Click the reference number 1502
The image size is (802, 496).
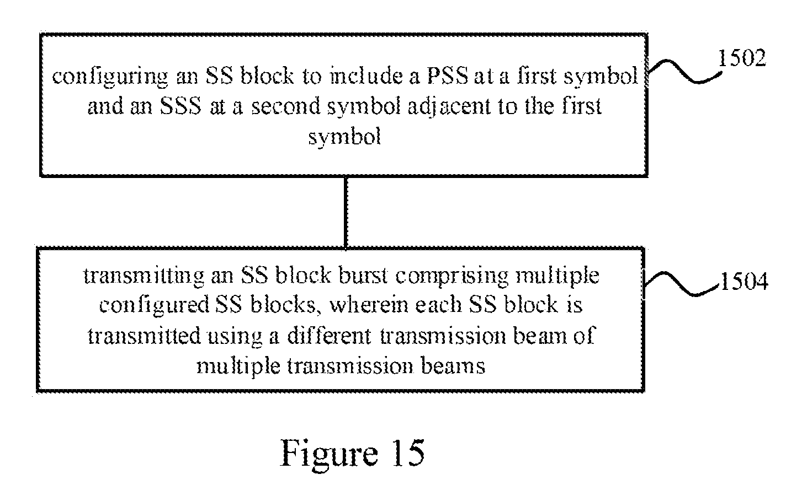pos(742,58)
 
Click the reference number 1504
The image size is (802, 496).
pos(745,281)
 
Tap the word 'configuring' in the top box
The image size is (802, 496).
pos(110,77)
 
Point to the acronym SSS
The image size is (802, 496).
pos(180,106)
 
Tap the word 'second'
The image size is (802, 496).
pos(286,106)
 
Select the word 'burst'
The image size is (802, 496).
pos(363,276)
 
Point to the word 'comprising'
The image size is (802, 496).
pos(452,277)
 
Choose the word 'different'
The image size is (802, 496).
pos(329,336)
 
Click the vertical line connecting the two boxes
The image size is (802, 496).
pos(346,212)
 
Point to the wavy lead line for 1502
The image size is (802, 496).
pos(685,72)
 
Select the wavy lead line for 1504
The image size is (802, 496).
pos(682,284)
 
